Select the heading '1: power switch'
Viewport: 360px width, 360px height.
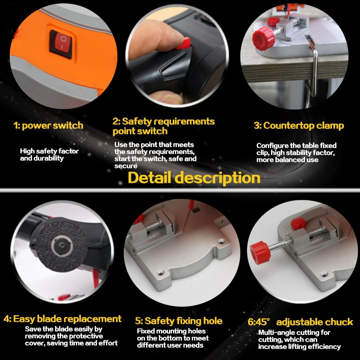[x=48, y=126]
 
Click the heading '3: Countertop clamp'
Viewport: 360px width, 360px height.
[x=299, y=126]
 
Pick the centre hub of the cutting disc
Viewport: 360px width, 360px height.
[x=60, y=245]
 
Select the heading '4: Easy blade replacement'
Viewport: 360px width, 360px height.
[x=63, y=319]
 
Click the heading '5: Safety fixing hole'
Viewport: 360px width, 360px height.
[x=179, y=321]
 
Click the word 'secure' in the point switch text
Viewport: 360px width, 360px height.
[x=126, y=166]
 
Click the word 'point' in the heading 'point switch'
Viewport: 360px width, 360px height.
[x=125, y=131]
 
